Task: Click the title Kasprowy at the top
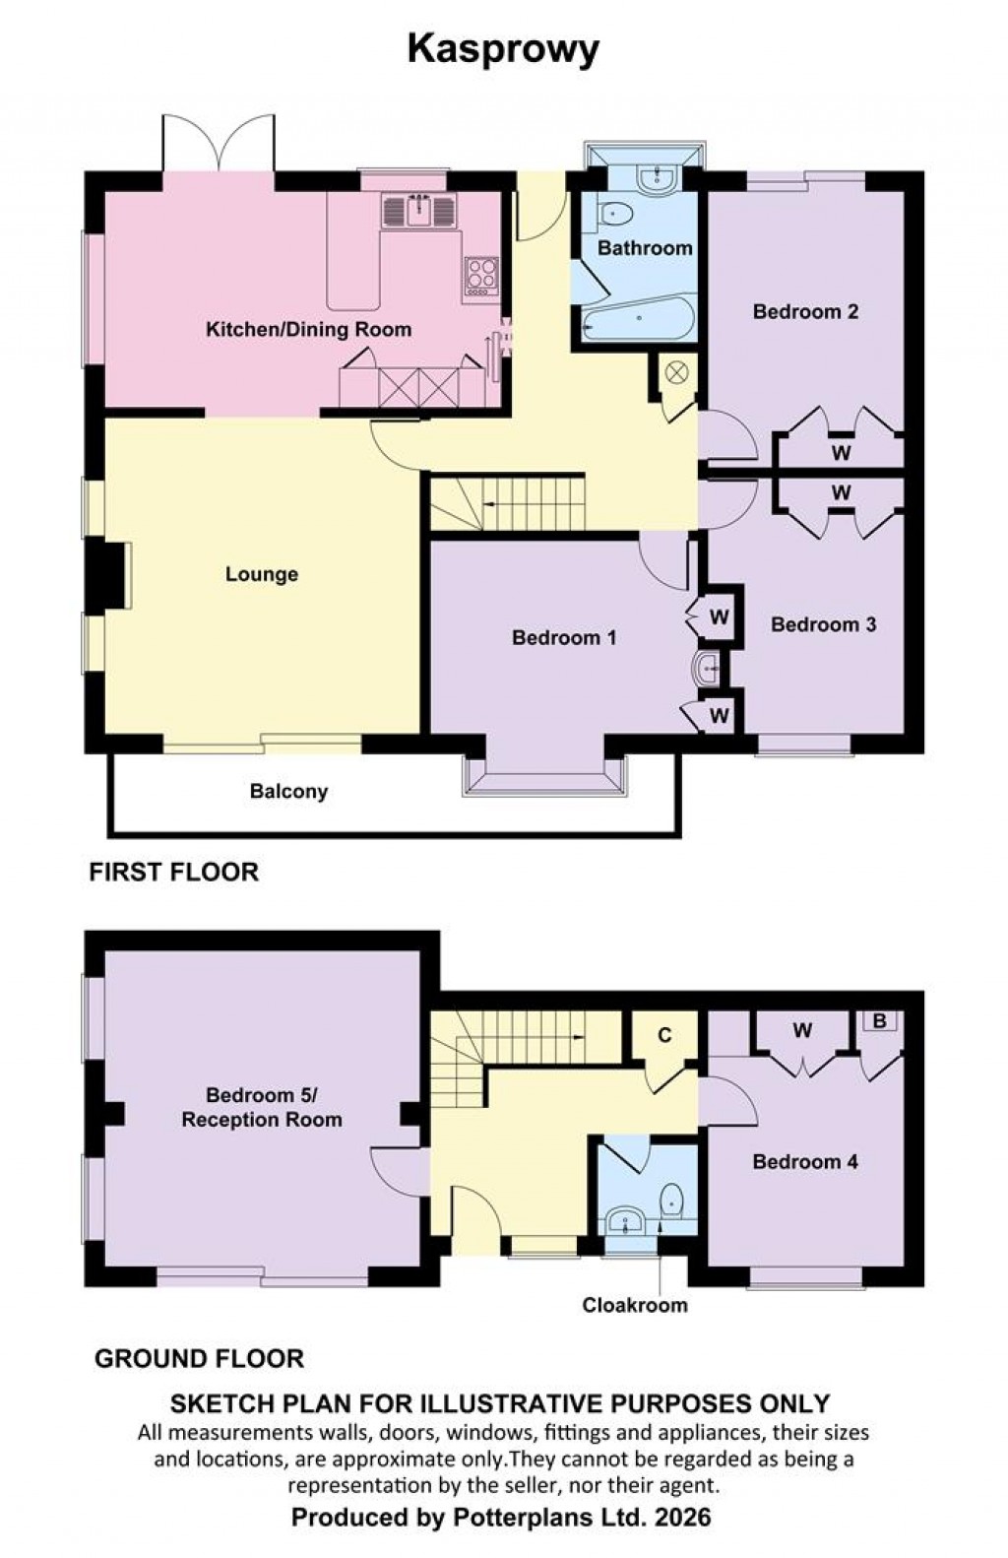coord(503,49)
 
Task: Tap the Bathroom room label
coord(645,248)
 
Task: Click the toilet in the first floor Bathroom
coord(617,213)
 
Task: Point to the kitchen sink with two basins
coord(420,210)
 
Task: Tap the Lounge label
coord(262,574)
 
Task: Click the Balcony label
coord(288,791)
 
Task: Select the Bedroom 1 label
coord(564,638)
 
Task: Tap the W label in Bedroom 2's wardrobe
coord(841,453)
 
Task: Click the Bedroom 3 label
coord(823,624)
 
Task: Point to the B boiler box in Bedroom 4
coord(880,1021)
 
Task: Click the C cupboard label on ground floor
coord(664,1035)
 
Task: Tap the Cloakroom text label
coord(635,1305)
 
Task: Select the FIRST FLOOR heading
coord(173,872)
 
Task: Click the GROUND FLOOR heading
coord(199,1359)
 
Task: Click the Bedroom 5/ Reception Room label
coord(262,1107)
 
